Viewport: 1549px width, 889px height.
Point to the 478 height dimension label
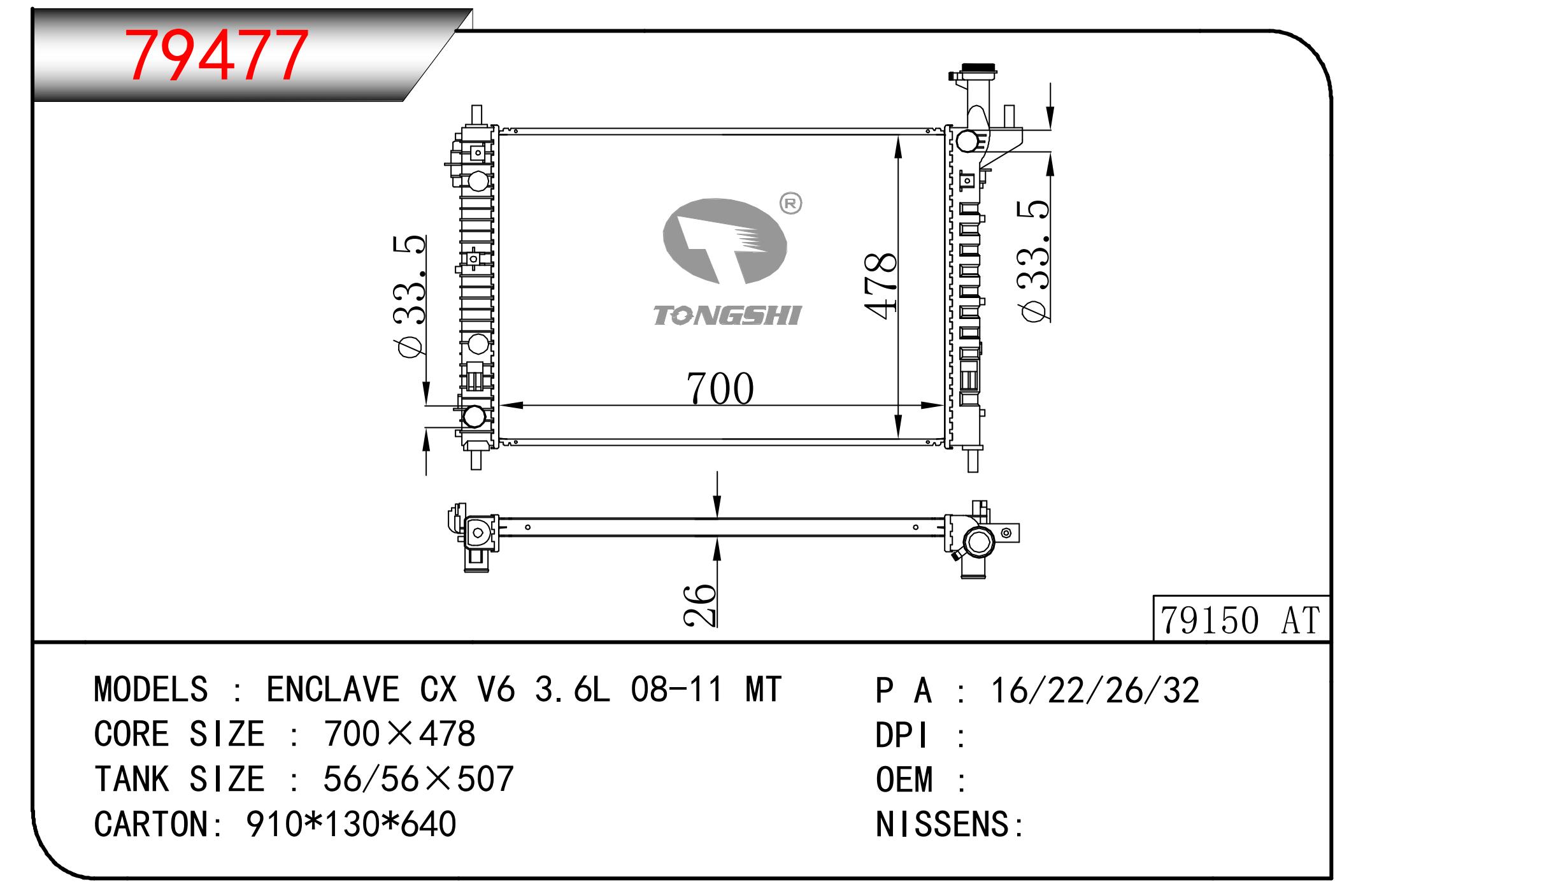coord(881,283)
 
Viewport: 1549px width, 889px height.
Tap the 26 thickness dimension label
coord(700,604)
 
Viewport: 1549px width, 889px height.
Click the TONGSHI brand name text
coord(727,316)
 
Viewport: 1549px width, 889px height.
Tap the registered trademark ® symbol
coord(791,204)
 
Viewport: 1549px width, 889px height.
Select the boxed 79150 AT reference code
coord(1240,620)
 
